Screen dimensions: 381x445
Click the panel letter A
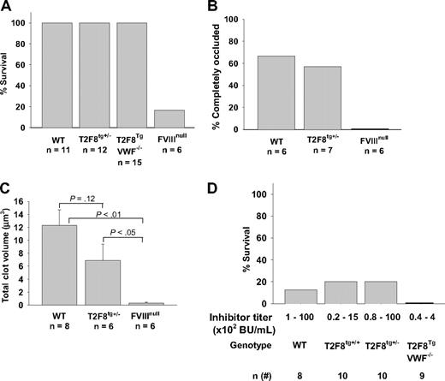pyautogui.click(x=7, y=8)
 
